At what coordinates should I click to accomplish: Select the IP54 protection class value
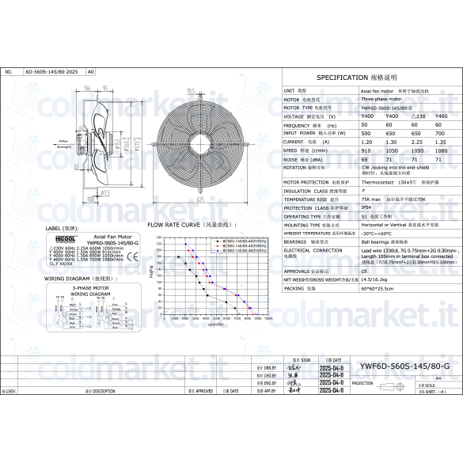(x=366, y=207)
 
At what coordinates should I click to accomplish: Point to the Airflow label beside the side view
(x=64, y=142)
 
